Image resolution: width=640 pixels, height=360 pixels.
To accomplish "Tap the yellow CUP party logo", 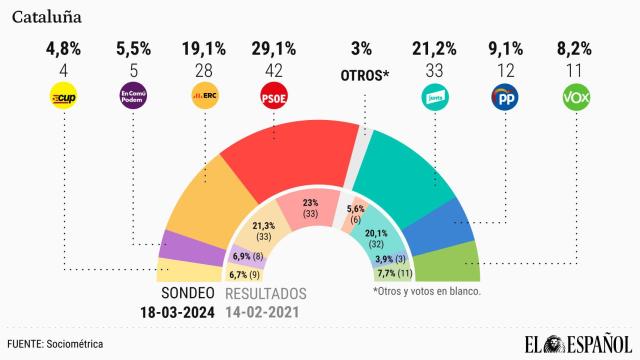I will pyautogui.click(x=65, y=98).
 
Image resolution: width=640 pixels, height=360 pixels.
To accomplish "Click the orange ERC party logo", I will pyautogui.click(x=206, y=98).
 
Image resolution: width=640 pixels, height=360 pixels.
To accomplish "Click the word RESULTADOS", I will pyautogui.click(x=264, y=293).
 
